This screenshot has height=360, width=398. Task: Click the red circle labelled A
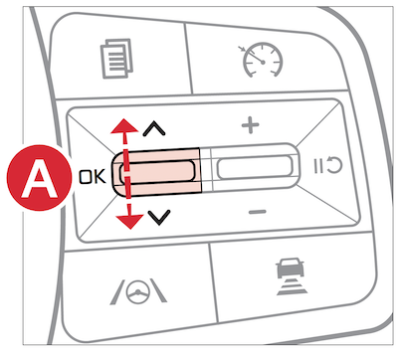click(39, 177)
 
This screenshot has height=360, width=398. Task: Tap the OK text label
click(92, 177)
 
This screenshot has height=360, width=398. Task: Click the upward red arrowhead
click(124, 126)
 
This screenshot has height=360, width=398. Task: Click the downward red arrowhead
click(129, 222)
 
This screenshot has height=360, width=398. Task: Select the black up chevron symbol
click(154, 129)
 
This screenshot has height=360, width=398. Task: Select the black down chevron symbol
click(159, 217)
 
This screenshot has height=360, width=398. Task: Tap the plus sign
click(250, 125)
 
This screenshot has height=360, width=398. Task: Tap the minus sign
click(258, 212)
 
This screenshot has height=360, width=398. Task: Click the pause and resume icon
click(328, 165)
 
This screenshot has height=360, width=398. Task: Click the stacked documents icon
click(116, 59)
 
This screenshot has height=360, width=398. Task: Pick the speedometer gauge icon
click(262, 60)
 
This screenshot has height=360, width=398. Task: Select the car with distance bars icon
click(291, 277)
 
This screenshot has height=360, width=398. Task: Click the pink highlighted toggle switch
click(156, 171)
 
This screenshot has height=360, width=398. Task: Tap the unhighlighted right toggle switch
click(255, 167)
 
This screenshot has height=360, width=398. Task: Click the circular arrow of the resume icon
click(334, 165)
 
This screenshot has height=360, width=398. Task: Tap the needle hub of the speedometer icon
click(264, 62)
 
